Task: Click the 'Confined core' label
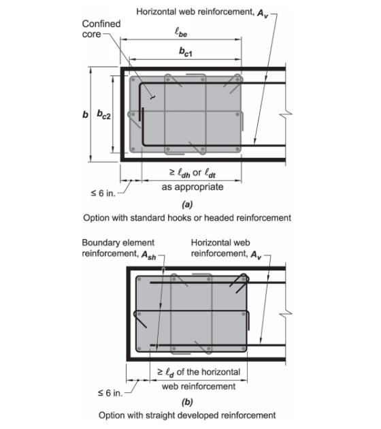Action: coord(101,29)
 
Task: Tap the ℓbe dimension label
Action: coord(181,32)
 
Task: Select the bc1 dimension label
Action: coord(186,52)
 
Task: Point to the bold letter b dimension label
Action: coord(85,114)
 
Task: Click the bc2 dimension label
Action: coord(104,114)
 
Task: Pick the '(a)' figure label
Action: coord(187,204)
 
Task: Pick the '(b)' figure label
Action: coord(187,402)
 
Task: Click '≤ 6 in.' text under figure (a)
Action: coord(103,193)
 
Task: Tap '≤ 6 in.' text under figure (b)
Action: coord(110,393)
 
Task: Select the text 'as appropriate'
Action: coord(193,187)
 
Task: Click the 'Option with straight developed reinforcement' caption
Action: coord(187,415)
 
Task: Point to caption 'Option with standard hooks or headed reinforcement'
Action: coord(187,218)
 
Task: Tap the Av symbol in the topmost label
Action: coord(263,14)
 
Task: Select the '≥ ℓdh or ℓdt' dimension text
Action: coord(193,173)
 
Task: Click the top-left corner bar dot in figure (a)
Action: coord(133,80)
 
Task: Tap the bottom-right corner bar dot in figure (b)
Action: coord(244,349)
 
